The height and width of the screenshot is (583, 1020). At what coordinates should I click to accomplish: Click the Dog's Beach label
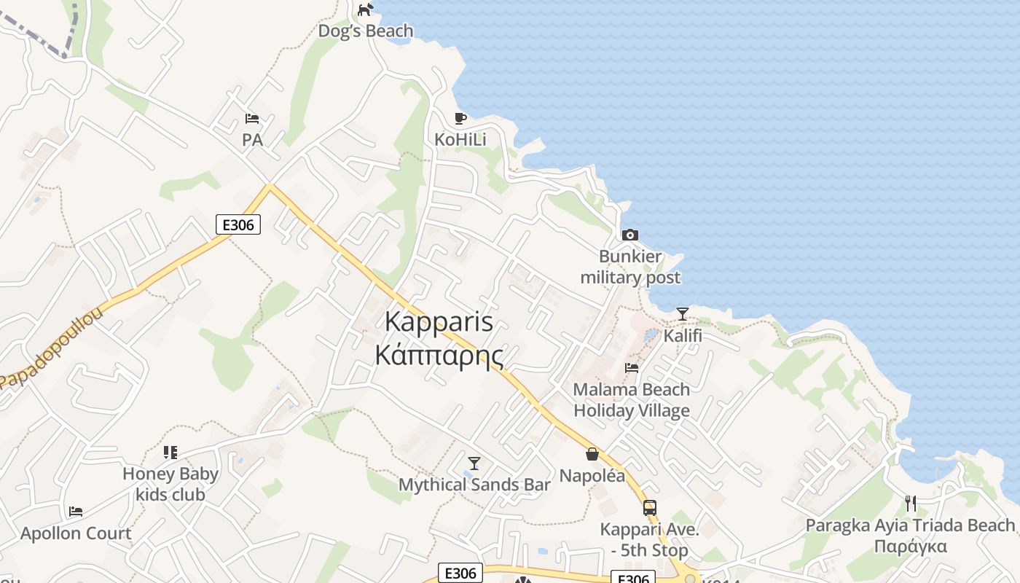(x=366, y=31)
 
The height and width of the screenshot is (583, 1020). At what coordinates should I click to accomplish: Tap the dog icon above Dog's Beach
(x=366, y=9)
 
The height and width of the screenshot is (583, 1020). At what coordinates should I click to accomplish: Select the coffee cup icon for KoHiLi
(x=460, y=118)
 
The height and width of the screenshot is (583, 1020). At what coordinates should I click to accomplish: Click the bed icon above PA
(x=252, y=119)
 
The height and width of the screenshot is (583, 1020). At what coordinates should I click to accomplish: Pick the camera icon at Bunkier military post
(x=630, y=235)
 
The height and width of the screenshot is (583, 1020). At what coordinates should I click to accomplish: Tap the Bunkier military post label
(x=630, y=267)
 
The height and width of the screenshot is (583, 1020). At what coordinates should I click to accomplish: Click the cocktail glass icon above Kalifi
(x=683, y=314)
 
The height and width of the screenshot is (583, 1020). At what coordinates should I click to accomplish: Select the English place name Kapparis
(x=439, y=321)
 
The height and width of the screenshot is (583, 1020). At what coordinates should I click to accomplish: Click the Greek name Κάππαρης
(x=439, y=355)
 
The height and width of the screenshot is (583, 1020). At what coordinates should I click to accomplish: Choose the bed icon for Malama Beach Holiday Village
(x=632, y=368)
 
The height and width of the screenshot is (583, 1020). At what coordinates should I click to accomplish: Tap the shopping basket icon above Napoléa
(x=592, y=455)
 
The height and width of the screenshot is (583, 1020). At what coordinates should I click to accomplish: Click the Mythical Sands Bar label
(x=474, y=485)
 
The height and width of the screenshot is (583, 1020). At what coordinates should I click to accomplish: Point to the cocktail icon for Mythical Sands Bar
(x=474, y=463)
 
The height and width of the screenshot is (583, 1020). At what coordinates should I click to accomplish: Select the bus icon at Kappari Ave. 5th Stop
(x=649, y=508)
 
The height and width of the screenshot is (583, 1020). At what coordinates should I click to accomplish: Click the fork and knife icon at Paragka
(x=910, y=503)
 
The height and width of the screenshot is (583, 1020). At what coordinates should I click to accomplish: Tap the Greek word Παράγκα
(x=910, y=547)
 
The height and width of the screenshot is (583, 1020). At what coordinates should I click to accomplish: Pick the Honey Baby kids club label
(x=170, y=484)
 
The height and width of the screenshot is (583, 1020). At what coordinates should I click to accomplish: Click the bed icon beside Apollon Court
(x=76, y=512)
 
